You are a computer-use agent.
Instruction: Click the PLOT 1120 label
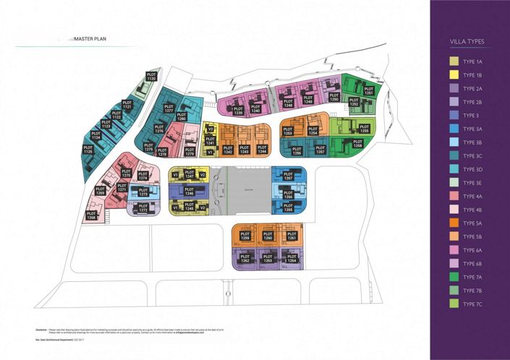click(151, 77)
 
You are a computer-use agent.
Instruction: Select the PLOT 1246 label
click(190, 192)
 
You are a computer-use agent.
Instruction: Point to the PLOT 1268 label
click(91, 215)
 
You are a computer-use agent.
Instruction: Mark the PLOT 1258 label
click(357, 144)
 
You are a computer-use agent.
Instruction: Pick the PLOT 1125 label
click(88, 150)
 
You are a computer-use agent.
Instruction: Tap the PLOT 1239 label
click(238, 111)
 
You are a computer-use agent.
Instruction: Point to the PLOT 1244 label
click(263, 150)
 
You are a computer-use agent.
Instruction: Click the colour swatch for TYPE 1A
click(454, 61)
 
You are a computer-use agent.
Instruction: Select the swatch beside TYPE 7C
click(454, 304)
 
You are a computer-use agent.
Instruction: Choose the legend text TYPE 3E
click(474, 183)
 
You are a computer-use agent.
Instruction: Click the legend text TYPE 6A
click(474, 250)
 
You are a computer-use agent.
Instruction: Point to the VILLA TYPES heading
click(470, 42)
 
